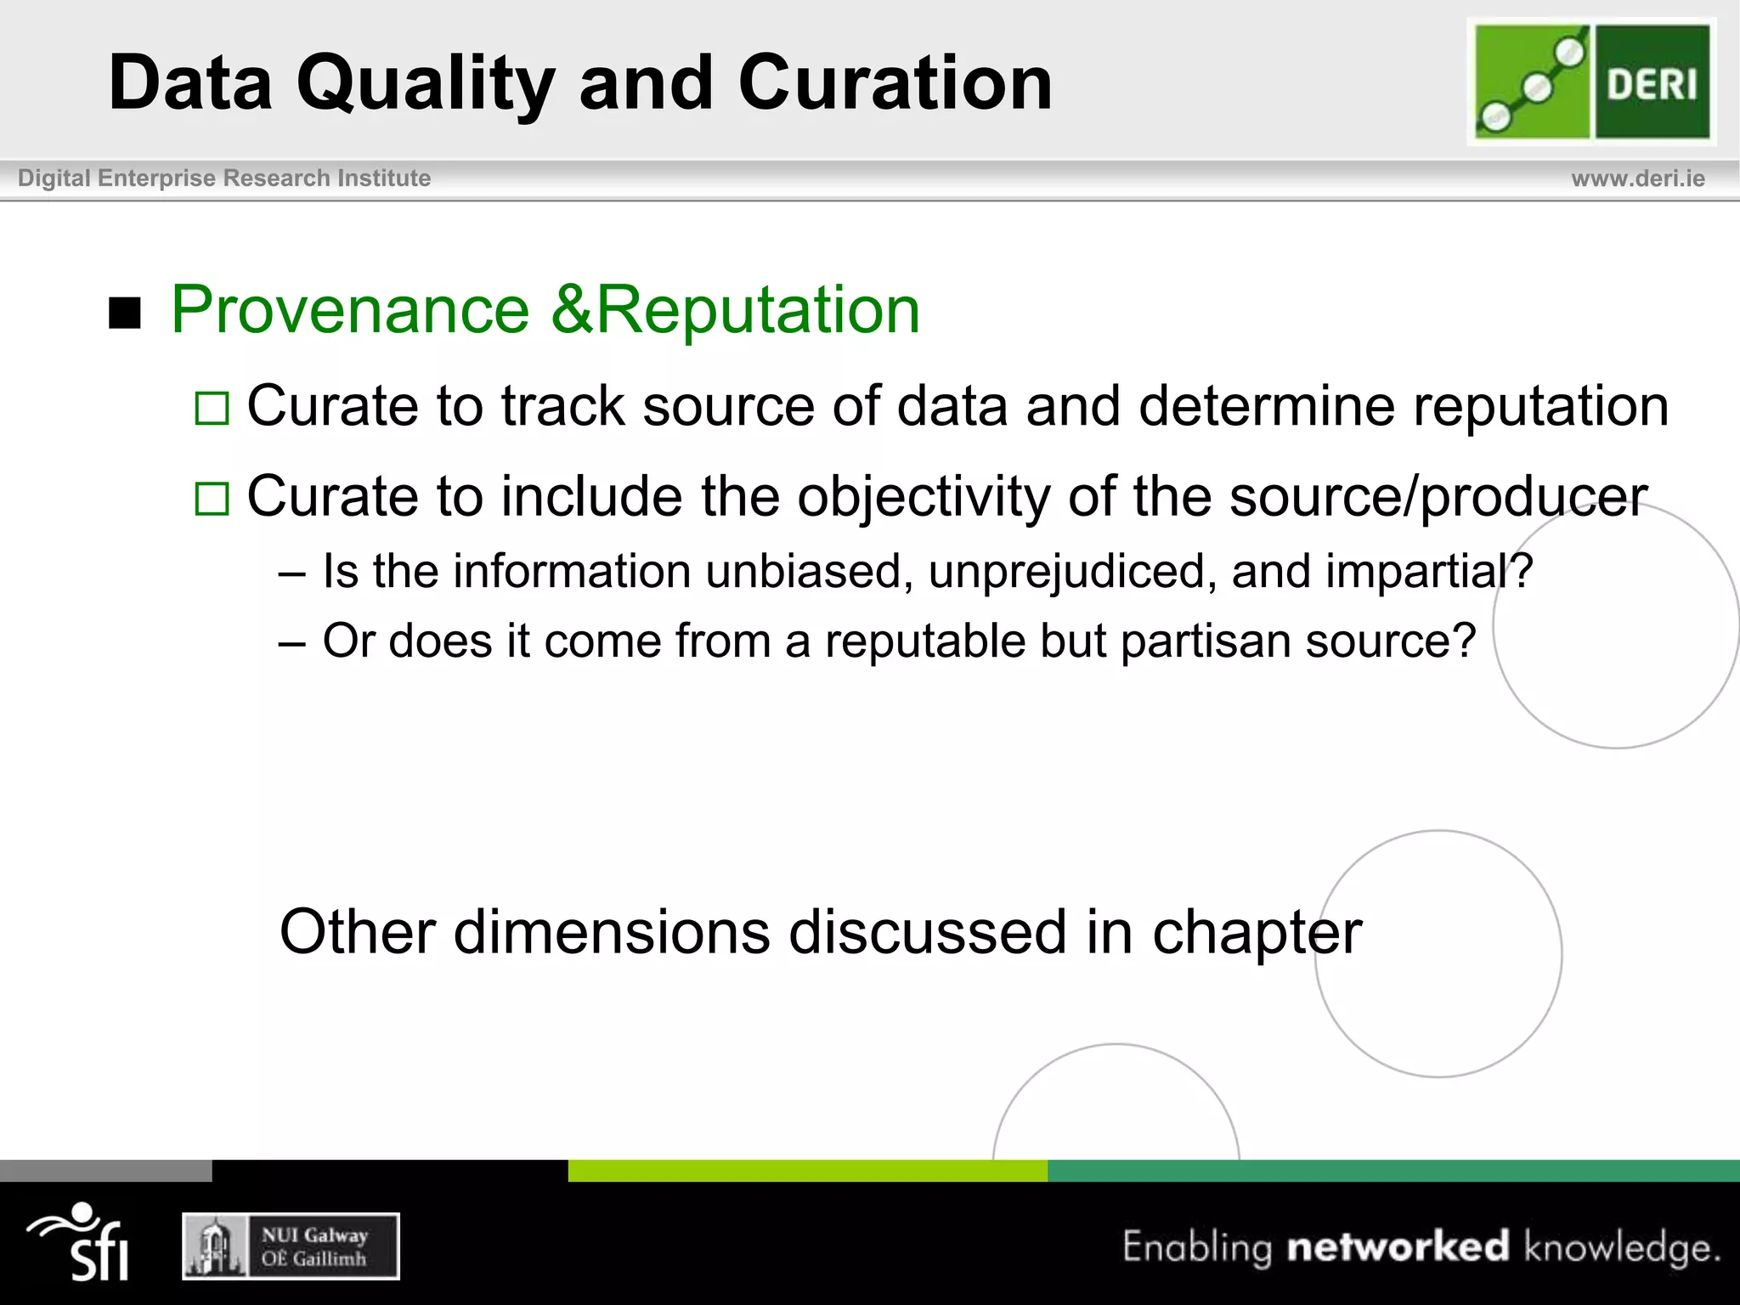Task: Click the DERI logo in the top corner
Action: tap(1591, 82)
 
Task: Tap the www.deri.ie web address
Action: tap(1637, 178)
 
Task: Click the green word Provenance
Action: tap(350, 310)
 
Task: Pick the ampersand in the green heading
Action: tap(571, 310)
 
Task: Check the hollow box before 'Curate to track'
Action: tap(212, 409)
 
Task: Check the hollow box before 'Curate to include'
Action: tap(212, 500)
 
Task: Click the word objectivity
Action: tap(923, 497)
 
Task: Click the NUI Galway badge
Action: tap(291, 1246)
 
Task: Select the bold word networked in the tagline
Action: tap(1398, 1246)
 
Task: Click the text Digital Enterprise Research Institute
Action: tap(224, 178)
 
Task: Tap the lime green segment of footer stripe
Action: tap(807, 1171)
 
